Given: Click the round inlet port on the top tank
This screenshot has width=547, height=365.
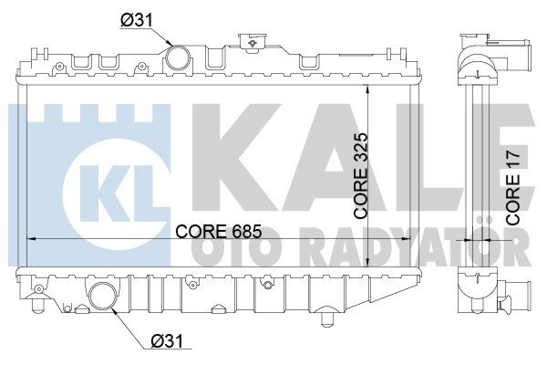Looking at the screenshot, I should (x=179, y=58).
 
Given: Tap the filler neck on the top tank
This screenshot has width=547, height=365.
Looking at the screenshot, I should (x=249, y=44).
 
